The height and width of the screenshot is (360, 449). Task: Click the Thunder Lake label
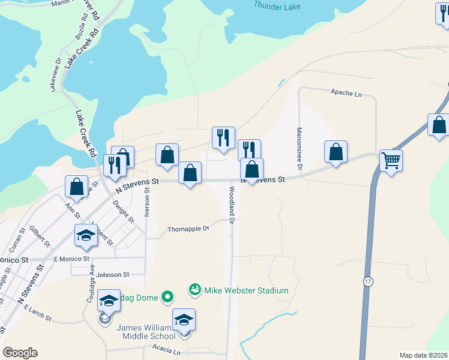pyautogui.click(x=276, y=5)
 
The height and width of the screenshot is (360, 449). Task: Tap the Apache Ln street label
pyautogui.click(x=346, y=94)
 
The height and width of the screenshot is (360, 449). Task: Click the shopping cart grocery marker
pyautogui.click(x=391, y=160)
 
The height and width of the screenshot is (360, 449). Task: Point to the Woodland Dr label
pyautogui.click(x=231, y=204)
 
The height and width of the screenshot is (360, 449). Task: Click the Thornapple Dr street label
pyautogui.click(x=188, y=229)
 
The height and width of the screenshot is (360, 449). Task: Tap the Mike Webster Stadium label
pyautogui.click(x=246, y=290)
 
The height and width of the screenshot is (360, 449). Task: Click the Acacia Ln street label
pyautogui.click(x=166, y=351)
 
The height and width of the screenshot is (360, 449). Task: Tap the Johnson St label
pyautogui.click(x=113, y=275)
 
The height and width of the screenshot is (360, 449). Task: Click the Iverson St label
pyautogui.click(x=147, y=202)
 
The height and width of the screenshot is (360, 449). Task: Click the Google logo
pyautogui.click(x=20, y=353)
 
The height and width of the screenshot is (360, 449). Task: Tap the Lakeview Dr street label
pyautogui.click(x=55, y=74)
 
